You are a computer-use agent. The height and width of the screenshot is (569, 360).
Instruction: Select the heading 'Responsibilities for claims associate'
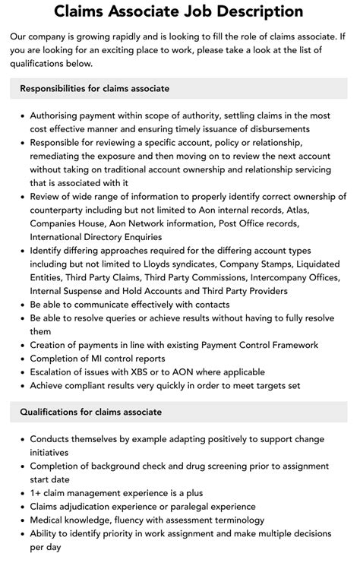click(x=96, y=88)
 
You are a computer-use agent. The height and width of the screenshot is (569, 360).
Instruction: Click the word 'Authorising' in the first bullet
click(x=57, y=115)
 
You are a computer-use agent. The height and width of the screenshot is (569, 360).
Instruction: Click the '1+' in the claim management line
click(x=36, y=492)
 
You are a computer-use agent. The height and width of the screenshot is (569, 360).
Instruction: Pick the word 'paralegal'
click(x=195, y=506)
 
